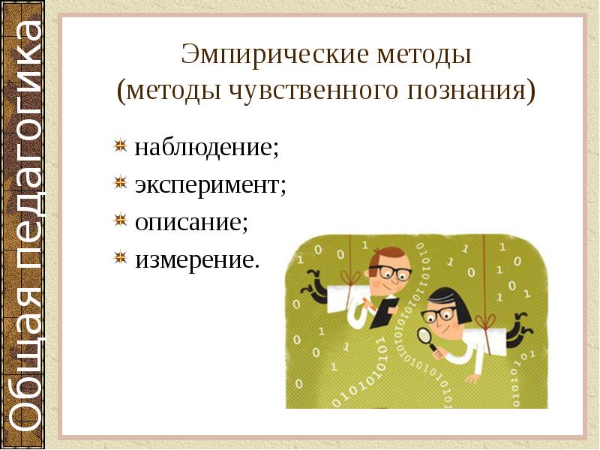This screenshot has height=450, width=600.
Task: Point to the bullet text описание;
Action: pyautogui.click(x=191, y=221)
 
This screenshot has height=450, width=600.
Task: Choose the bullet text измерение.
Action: pyautogui.click(x=196, y=259)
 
